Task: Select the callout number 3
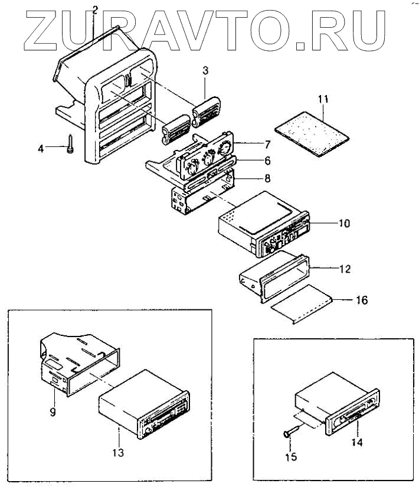[205, 70]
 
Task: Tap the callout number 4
[41, 149]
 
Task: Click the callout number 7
[267, 144]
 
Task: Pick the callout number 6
[267, 161]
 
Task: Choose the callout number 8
[267, 178]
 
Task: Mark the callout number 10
[344, 224]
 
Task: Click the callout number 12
[346, 269]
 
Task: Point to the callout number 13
[119, 453]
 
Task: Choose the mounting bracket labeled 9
[77, 366]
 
